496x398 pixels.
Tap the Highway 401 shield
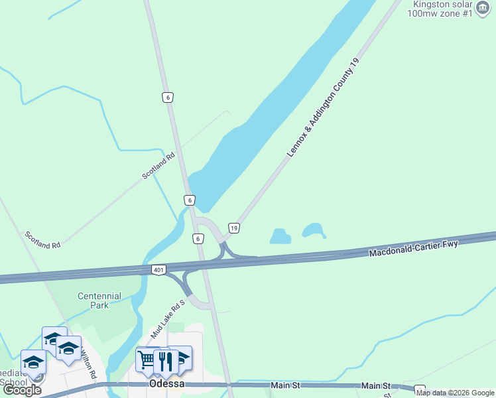click(x=158, y=270)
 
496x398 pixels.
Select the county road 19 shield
click(x=233, y=228)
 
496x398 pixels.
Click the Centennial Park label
click(x=99, y=300)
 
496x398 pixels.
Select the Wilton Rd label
click(x=88, y=367)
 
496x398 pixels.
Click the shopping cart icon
click(x=146, y=360)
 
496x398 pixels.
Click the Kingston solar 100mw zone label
click(x=440, y=9)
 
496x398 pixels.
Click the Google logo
click(x=22, y=390)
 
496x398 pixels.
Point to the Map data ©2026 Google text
click(x=456, y=393)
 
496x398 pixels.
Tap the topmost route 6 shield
click(x=168, y=98)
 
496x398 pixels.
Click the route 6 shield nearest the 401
click(x=198, y=238)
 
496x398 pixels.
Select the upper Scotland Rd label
click(x=158, y=166)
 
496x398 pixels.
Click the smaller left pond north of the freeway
click(x=280, y=236)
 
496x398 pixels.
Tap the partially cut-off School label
click(x=15, y=382)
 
